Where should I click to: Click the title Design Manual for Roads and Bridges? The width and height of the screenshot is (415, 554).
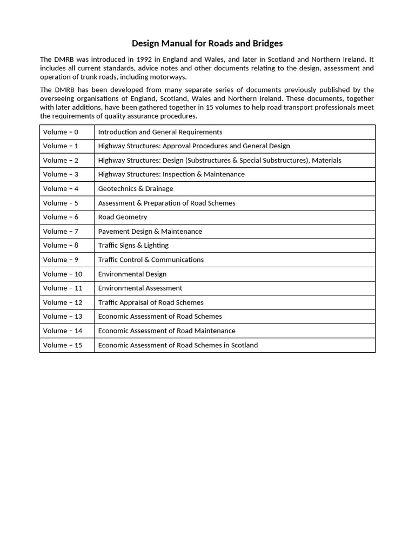pyautogui.click(x=207, y=43)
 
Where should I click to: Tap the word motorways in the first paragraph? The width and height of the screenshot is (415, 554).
pyautogui.click(x=170, y=77)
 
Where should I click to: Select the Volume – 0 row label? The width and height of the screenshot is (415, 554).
pyautogui.click(x=61, y=132)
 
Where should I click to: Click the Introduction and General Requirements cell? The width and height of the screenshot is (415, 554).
pyautogui.click(x=160, y=132)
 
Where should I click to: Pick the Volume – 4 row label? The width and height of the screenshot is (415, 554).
pyautogui.click(x=61, y=189)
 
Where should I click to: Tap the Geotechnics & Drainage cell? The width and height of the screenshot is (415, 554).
pyautogui.click(x=136, y=189)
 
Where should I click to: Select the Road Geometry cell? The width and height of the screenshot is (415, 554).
pyautogui.click(x=123, y=217)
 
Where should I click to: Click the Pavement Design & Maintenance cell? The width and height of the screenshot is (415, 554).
pyautogui.click(x=150, y=232)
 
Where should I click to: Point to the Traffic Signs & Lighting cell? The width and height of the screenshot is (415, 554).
pyautogui.click(x=133, y=246)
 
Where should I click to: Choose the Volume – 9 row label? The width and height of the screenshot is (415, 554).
pyautogui.click(x=61, y=260)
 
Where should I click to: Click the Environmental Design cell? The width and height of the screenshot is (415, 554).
pyautogui.click(x=132, y=274)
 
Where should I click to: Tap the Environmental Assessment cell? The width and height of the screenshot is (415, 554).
pyautogui.click(x=140, y=288)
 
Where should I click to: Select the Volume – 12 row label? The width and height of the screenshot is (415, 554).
pyautogui.click(x=63, y=302)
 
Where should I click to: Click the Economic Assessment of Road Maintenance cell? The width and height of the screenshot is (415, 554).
pyautogui.click(x=166, y=331)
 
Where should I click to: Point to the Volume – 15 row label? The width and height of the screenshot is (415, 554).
pyautogui.click(x=63, y=345)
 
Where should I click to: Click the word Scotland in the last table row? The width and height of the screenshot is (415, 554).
pyautogui.click(x=244, y=345)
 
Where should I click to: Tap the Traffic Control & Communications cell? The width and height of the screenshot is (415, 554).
pyautogui.click(x=151, y=260)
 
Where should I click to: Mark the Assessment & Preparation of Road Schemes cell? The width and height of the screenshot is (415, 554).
pyautogui.click(x=166, y=203)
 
